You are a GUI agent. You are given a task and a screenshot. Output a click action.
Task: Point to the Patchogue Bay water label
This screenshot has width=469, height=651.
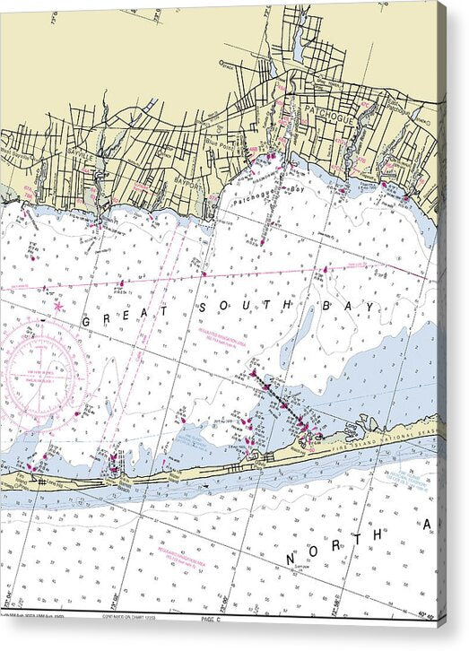click(265, 195)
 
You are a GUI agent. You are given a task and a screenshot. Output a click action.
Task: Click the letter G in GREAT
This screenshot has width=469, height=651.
click(87, 320)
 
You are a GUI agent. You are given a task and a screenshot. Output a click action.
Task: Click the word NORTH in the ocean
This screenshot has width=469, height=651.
click(335, 547)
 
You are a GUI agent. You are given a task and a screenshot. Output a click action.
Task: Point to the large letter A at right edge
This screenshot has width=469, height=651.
click(428, 524)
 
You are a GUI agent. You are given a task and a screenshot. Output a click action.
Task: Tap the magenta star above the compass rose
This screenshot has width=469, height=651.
click(58, 306)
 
